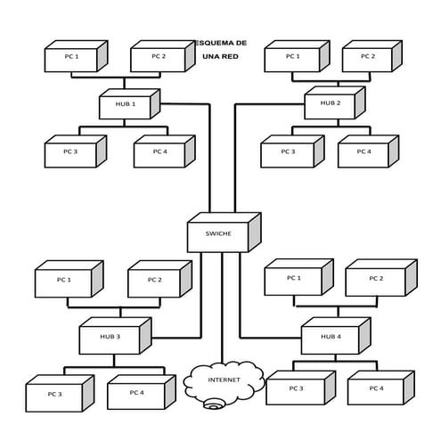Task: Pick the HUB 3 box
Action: pyautogui.click(x=110, y=337)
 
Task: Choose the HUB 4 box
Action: pyautogui.click(x=331, y=337)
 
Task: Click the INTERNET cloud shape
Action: pyautogui.click(x=223, y=380)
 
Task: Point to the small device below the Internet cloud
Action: pyautogui.click(x=213, y=406)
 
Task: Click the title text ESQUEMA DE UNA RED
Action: pyautogui.click(x=221, y=49)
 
